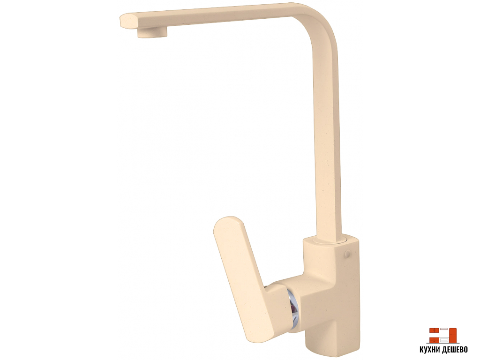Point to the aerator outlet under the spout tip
(x=152, y=32)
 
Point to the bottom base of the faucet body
(x=332, y=345)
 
